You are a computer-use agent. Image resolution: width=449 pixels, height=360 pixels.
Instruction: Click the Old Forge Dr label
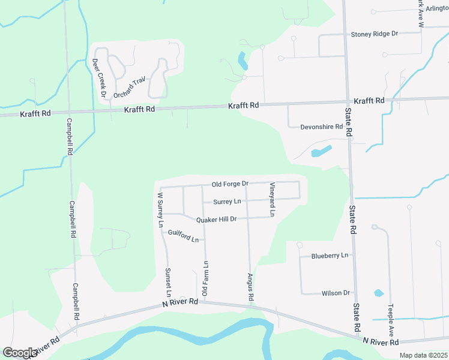coord(230,184)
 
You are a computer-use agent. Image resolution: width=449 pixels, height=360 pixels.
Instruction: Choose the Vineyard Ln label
coord(272,199)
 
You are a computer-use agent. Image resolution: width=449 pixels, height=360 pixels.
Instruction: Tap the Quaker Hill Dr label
coord(217,219)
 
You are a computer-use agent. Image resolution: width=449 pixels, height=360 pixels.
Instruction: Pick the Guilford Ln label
coord(183,236)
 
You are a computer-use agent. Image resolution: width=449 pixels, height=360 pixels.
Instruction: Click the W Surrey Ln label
coord(160,209)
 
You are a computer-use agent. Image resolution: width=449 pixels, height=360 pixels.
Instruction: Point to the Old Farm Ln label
coord(205,278)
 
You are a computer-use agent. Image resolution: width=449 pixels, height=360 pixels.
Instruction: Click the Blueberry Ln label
coord(330,256)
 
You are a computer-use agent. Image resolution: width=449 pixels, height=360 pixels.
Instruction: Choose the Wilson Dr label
coord(336,293)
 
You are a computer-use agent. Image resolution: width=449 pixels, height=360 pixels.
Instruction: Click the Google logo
coord(20,353)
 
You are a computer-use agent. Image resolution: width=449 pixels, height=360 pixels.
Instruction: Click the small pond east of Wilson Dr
coord(379,293)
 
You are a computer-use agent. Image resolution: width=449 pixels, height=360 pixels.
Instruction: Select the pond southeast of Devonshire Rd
coord(321,151)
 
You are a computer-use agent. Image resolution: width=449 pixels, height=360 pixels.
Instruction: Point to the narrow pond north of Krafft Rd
coord(242,60)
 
